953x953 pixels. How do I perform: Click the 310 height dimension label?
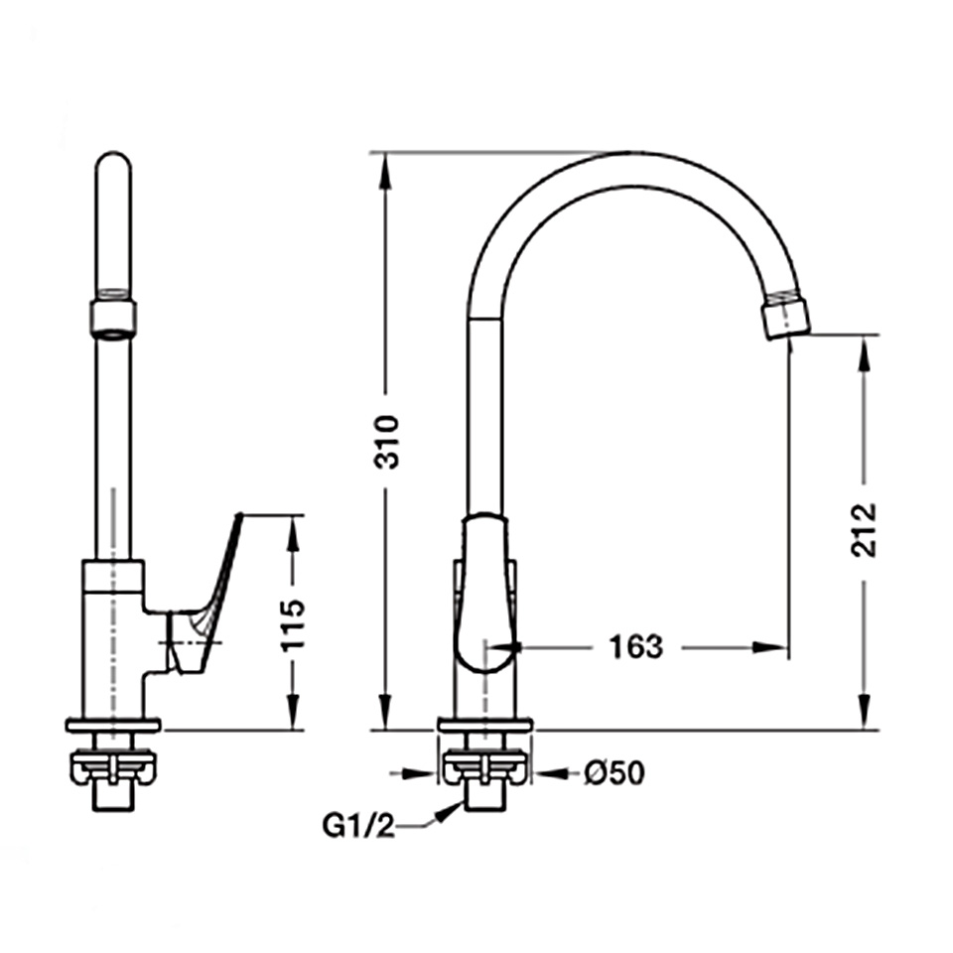click(386, 441)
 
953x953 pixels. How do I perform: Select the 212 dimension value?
click(864, 529)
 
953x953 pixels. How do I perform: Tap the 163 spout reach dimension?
click(635, 646)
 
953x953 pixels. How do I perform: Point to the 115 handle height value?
click(292, 624)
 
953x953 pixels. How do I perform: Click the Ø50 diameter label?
click(614, 773)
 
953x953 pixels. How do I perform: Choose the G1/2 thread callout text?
click(358, 827)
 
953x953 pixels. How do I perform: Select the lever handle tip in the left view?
click(238, 517)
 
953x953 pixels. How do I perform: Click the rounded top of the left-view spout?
click(113, 159)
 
